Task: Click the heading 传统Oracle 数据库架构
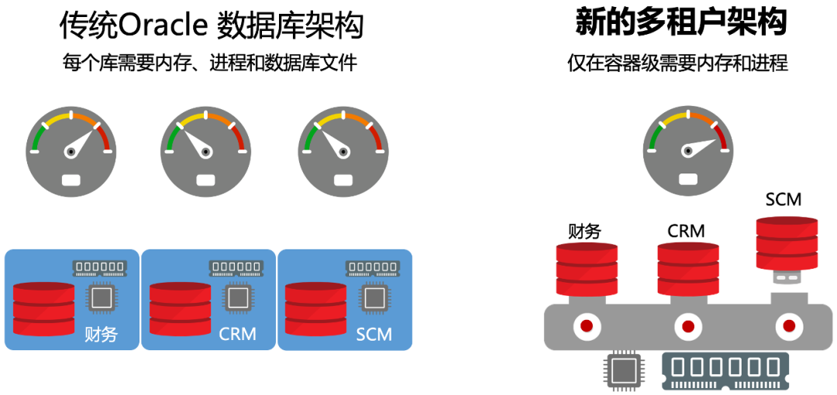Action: point(212,25)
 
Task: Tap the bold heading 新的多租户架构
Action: point(680,22)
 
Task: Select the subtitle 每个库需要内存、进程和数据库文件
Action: point(209,64)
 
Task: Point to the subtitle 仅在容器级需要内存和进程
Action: point(677,64)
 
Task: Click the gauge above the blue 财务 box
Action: point(71,152)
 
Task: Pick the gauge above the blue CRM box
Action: point(205,152)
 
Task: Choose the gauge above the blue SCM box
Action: point(342,152)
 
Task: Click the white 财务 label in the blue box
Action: point(102,335)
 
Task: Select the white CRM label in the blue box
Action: point(237,335)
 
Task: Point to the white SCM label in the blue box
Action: point(374,335)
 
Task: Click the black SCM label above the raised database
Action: point(783,199)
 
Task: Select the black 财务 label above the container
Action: point(585,231)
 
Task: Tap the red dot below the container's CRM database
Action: point(687,325)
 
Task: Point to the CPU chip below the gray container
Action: point(622,373)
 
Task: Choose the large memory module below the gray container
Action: point(725,371)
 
